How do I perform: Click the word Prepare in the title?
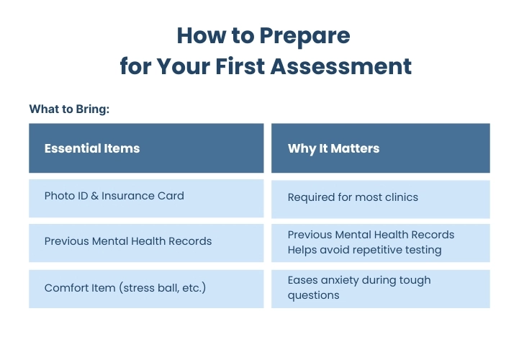(304, 36)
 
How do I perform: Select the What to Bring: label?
(69, 109)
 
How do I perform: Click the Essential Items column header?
(92, 148)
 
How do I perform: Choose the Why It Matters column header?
(333, 149)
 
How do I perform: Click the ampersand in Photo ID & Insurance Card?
(95, 196)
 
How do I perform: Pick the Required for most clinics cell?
(353, 197)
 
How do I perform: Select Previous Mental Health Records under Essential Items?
(128, 241)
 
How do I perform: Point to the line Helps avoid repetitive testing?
(364, 250)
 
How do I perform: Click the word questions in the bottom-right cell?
(313, 295)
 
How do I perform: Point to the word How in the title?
(202, 36)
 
